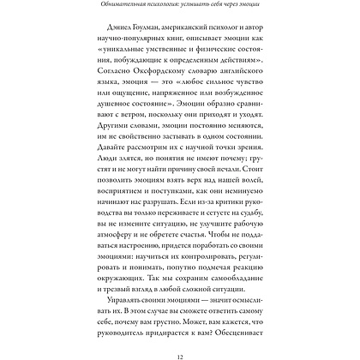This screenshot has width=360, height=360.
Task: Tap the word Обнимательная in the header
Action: point(104,9)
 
